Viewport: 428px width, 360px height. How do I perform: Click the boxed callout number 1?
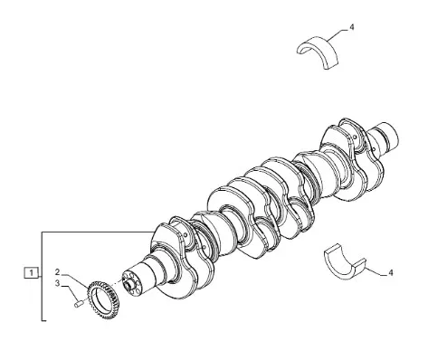coord(32,272)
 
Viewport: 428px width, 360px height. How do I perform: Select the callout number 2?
coord(58,272)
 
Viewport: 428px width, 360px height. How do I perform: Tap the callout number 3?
coord(58,284)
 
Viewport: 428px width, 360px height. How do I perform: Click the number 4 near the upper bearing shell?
coord(352,27)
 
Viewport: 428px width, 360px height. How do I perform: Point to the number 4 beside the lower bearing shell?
coord(391,272)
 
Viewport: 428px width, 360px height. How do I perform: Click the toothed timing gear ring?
coord(103,299)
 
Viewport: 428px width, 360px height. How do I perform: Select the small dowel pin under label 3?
coord(79,304)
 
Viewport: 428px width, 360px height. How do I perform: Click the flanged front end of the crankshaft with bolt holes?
coord(133,282)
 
